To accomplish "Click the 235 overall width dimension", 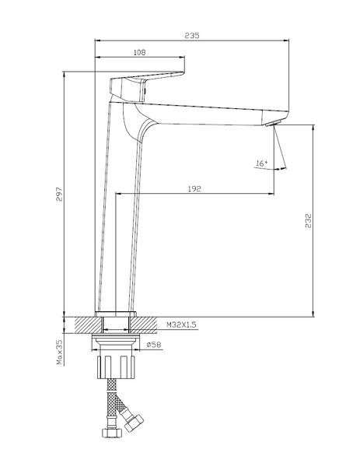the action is tap(192, 36).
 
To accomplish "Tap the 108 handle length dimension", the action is tap(139, 52).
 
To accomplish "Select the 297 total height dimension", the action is tap(59, 194).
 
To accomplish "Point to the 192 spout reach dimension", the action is tap(194, 189).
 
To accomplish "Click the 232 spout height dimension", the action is tap(309, 221).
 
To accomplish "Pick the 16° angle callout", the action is tap(262, 163).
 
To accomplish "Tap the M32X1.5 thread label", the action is tap(181, 325).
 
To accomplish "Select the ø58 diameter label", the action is tap(154, 345).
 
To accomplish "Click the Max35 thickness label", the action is tap(60, 353).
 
